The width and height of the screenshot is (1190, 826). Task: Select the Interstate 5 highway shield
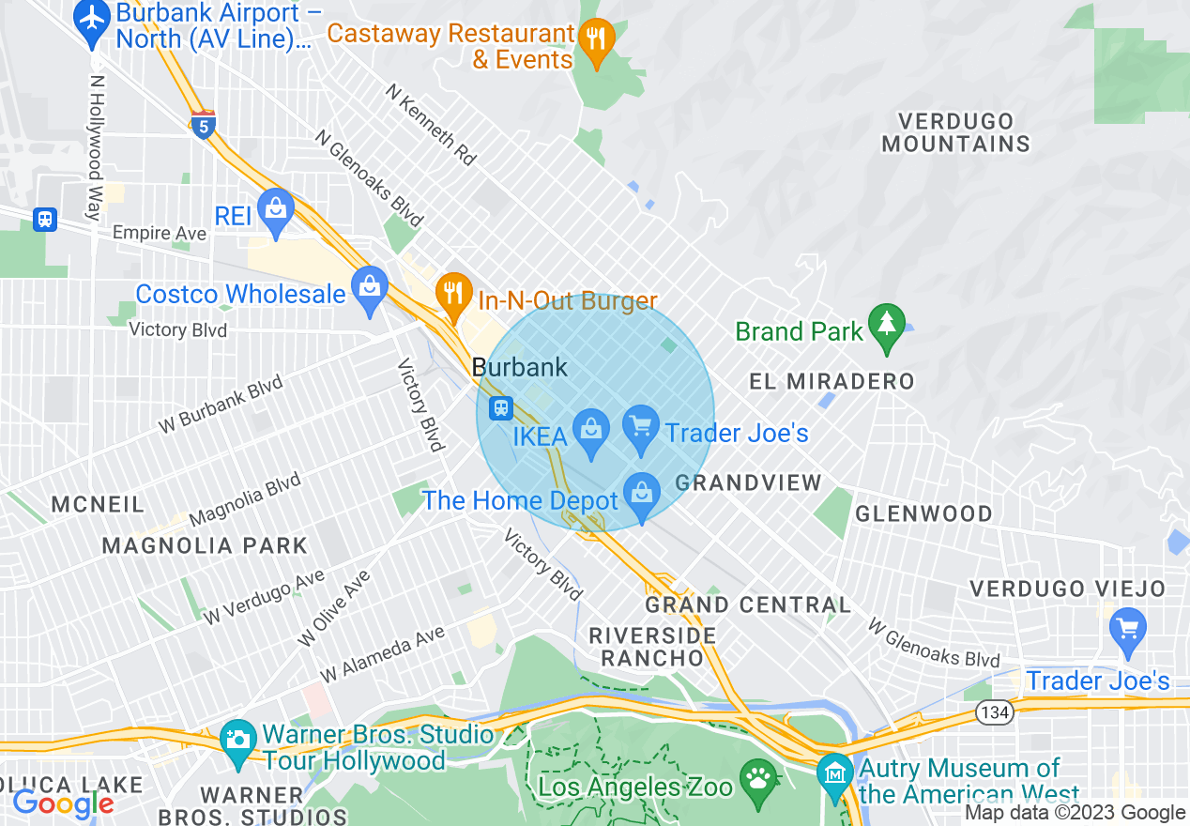tap(203, 124)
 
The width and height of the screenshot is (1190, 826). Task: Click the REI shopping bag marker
tap(276, 212)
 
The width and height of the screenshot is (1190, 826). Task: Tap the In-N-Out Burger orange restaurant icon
tap(453, 295)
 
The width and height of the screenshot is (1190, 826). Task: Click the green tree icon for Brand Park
tap(886, 326)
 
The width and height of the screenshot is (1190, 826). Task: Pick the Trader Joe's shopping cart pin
tap(641, 428)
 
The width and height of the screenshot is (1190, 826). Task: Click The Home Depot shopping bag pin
tap(641, 495)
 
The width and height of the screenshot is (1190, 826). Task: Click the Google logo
tap(63, 803)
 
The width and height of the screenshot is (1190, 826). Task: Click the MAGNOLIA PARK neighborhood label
tap(205, 545)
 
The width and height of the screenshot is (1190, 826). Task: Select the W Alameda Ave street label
tap(382, 655)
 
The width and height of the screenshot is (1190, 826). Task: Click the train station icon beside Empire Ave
tap(44, 220)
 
